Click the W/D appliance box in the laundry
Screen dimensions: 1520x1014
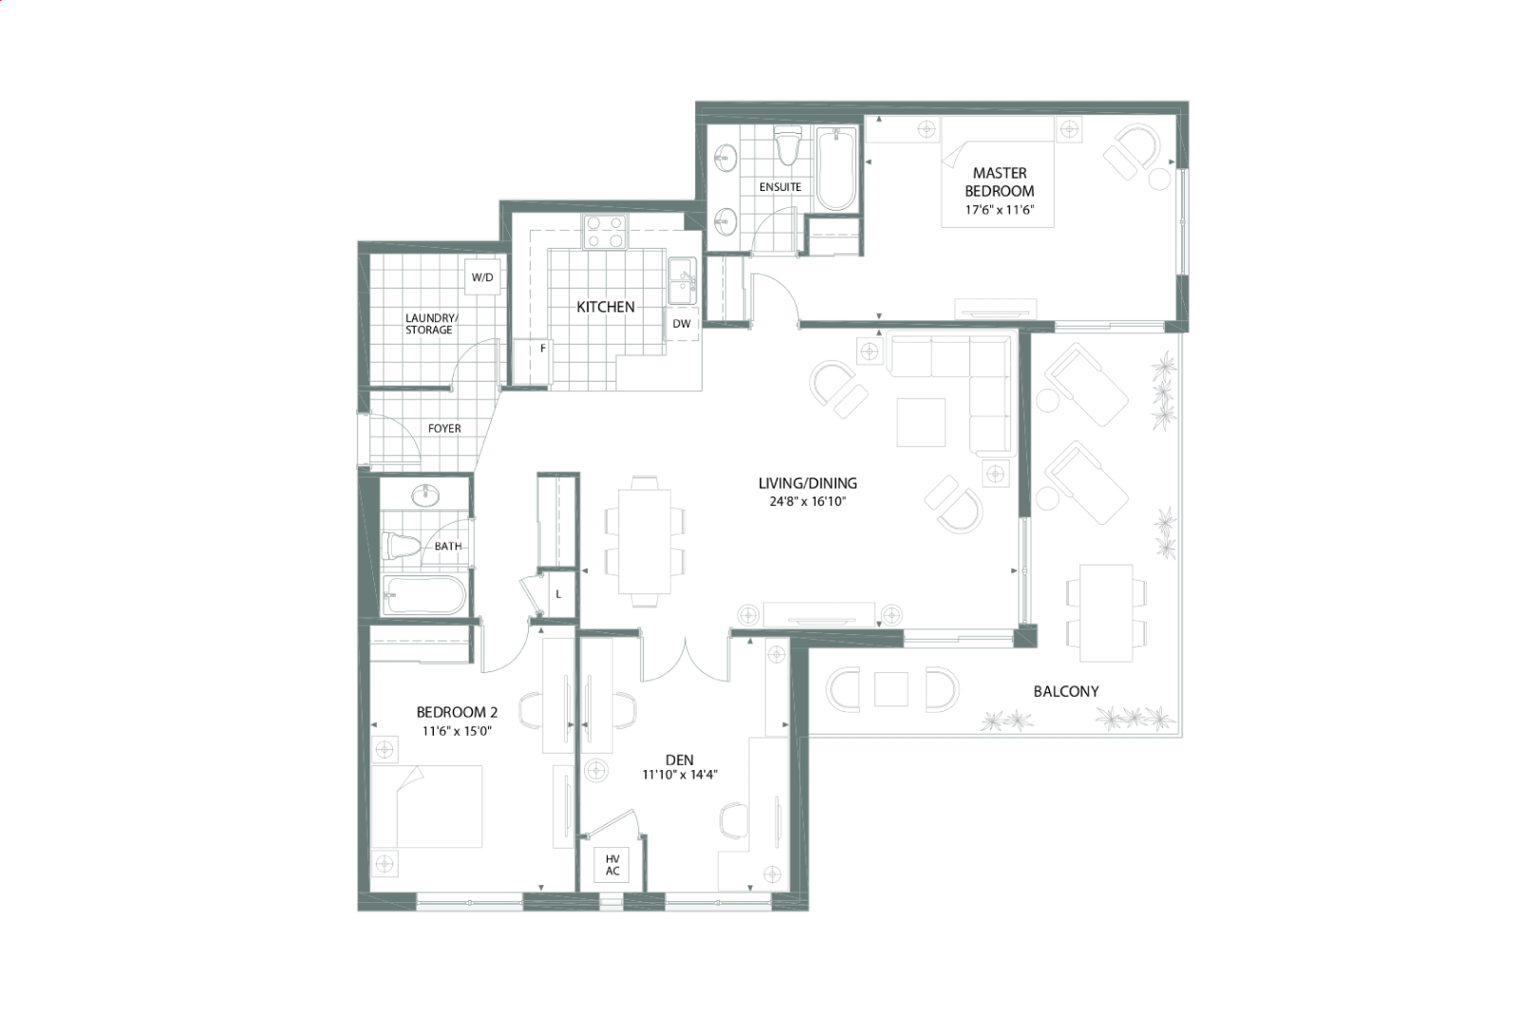[x=482, y=277]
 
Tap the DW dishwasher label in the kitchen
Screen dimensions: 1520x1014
[x=682, y=324]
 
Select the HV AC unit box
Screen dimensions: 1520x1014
[x=612, y=865]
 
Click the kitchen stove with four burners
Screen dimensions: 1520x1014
[x=606, y=232]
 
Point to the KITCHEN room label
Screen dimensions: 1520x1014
[x=606, y=307]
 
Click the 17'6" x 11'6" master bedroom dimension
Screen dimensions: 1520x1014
[x=999, y=210]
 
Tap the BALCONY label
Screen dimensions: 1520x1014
[x=1065, y=691]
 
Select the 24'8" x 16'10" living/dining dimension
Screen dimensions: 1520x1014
[x=808, y=501]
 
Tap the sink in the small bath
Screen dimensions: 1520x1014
[x=425, y=495]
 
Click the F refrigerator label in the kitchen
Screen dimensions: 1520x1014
[x=543, y=348]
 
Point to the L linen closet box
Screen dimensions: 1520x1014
[x=558, y=594]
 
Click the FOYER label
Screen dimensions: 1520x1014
[x=444, y=428]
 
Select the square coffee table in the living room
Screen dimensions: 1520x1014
[x=921, y=422]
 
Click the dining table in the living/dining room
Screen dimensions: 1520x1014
[x=644, y=541]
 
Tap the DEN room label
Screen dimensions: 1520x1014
[x=679, y=760]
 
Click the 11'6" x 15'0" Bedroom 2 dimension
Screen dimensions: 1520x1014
[x=457, y=731]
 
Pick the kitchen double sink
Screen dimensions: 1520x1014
[x=683, y=281]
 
